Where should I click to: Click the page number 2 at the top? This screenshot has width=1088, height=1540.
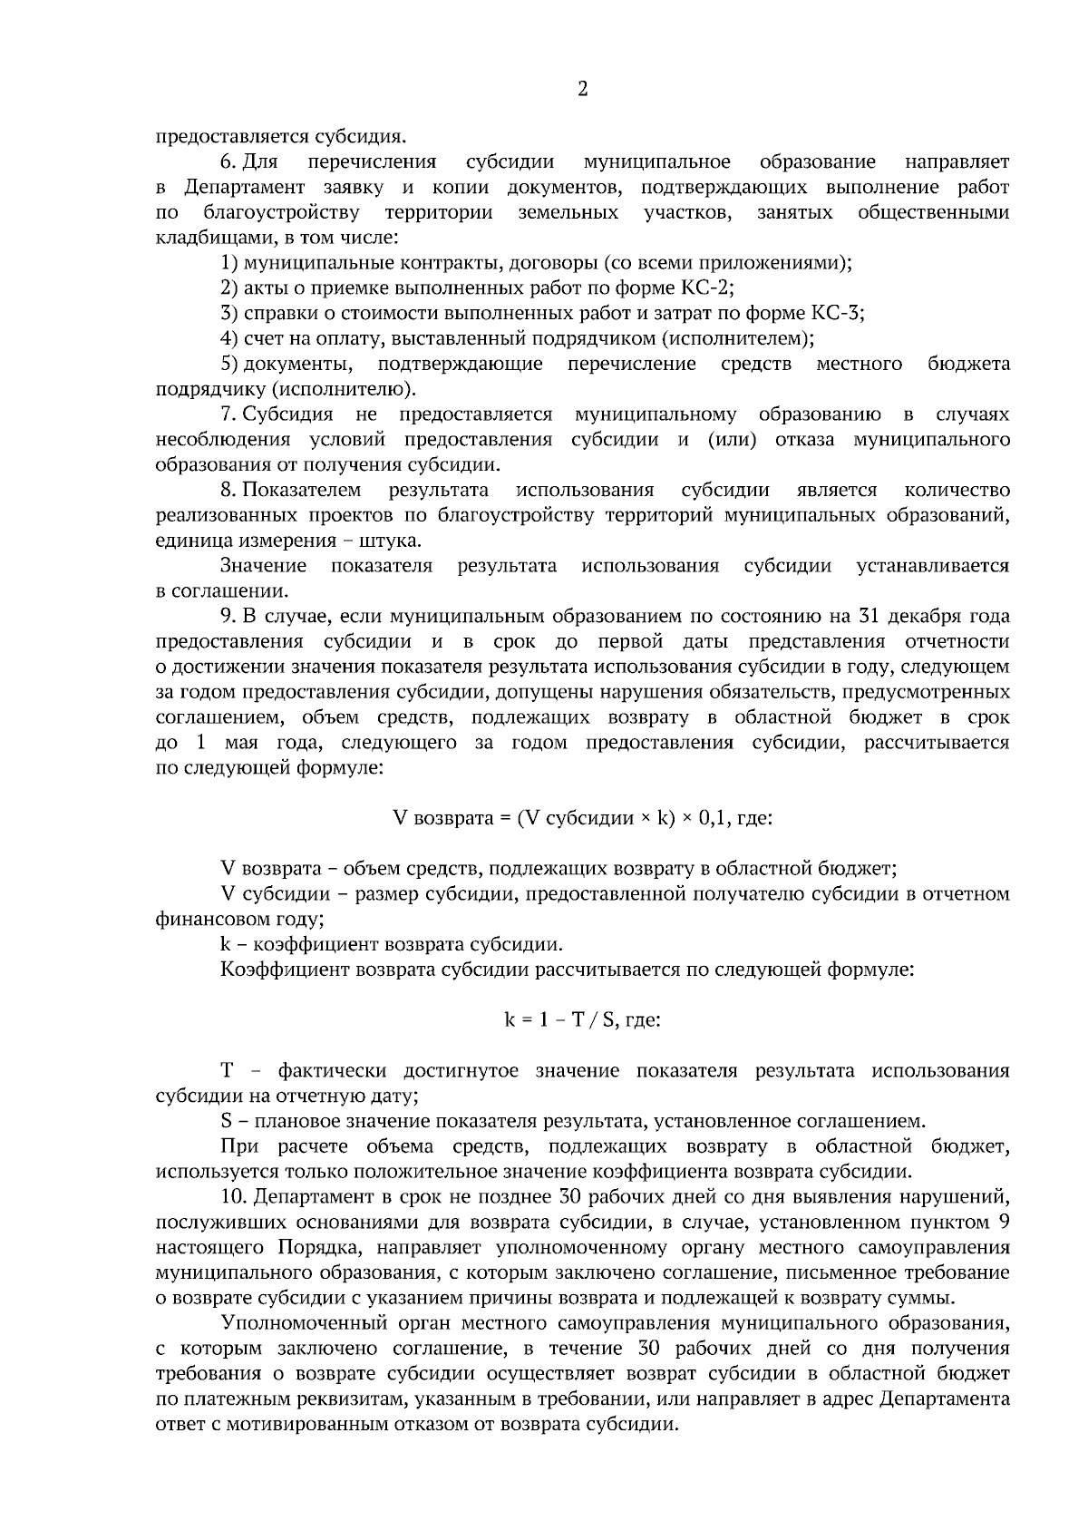coord(582,89)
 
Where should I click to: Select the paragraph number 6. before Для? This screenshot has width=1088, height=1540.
coord(228,162)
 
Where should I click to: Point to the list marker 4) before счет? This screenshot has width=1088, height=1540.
coord(229,338)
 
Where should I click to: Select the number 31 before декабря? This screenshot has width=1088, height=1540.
coord(868,617)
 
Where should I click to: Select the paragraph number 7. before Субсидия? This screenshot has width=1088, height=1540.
coord(228,414)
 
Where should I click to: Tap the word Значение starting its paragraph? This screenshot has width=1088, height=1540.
coord(264,566)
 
